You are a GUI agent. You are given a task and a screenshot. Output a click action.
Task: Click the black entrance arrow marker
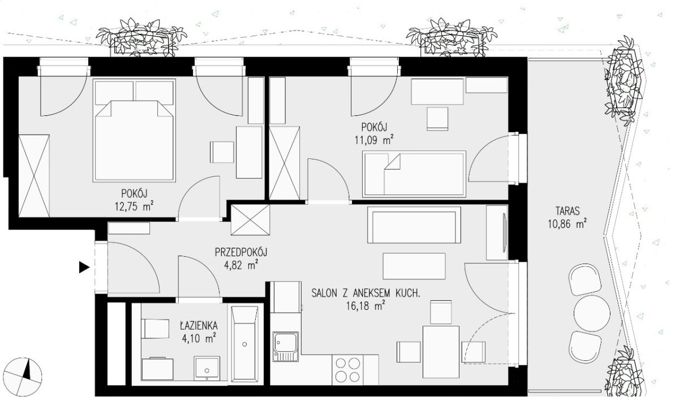pyautogui.click(x=84, y=267)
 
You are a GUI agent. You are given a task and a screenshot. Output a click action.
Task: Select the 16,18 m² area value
pyautogui.click(x=366, y=305)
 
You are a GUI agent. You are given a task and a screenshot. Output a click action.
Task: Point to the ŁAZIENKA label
pyautogui.click(x=199, y=326)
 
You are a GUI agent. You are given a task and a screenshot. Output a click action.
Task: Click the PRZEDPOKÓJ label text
pyautogui.click(x=241, y=252)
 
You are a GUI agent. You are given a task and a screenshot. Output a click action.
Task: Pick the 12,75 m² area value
pyautogui.click(x=134, y=206)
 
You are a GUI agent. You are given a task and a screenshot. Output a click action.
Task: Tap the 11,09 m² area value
pyautogui.click(x=374, y=140)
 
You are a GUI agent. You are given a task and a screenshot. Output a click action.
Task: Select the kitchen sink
pyautogui.click(x=285, y=347)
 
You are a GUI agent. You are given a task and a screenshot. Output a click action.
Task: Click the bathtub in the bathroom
pyautogui.click(x=244, y=344)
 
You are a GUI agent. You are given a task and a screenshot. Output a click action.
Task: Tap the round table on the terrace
pyautogui.click(x=592, y=313)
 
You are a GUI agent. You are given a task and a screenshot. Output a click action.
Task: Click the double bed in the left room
pyautogui.click(x=134, y=130)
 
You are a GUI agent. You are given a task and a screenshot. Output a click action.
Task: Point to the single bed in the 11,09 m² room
pyautogui.click(x=414, y=174)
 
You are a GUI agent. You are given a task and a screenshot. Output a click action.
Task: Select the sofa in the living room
pyautogui.click(x=414, y=225)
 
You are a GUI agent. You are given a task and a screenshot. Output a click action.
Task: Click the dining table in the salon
pyautogui.click(x=441, y=352)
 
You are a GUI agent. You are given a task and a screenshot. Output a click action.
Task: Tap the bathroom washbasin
pyautogui.click(x=207, y=369)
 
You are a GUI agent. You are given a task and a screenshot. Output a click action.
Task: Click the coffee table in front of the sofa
pyautogui.click(x=414, y=266)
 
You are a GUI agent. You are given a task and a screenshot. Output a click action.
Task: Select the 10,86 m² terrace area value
pyautogui.click(x=567, y=224)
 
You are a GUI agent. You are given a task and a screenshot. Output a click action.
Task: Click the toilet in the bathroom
pyautogui.click(x=156, y=329)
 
